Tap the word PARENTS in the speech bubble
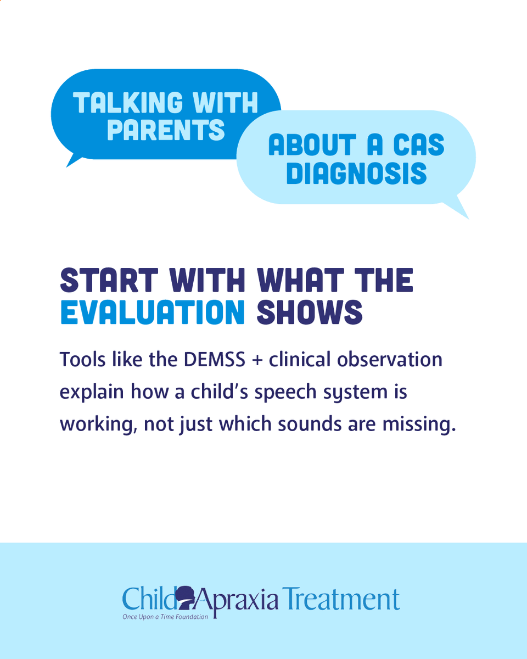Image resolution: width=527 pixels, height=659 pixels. [166, 130]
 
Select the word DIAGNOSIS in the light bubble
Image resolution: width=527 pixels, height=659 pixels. [356, 173]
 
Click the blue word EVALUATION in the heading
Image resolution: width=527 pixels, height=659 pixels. [152, 312]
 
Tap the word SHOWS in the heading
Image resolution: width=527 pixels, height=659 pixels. [310, 312]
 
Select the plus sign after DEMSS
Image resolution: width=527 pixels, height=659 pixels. [253, 360]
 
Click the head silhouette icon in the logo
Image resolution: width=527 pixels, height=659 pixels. [187, 597]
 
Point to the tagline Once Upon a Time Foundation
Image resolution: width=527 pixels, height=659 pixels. [165, 617]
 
